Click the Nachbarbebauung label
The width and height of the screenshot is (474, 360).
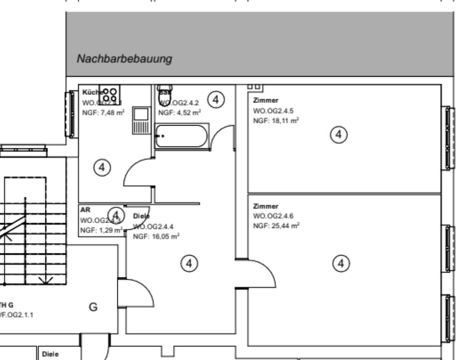pyautogui.click(x=125, y=59)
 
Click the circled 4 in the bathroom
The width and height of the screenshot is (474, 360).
pyautogui.click(x=217, y=99)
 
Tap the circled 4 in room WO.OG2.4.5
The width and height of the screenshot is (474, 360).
pyautogui.click(x=338, y=134)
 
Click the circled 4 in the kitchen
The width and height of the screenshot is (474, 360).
pyautogui.click(x=102, y=167)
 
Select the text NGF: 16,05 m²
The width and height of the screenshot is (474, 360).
pyautogui.click(x=155, y=236)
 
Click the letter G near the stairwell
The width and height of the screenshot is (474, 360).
pyautogui.click(x=93, y=307)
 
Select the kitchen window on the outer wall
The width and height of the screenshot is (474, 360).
pyautogui.click(x=71, y=114)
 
